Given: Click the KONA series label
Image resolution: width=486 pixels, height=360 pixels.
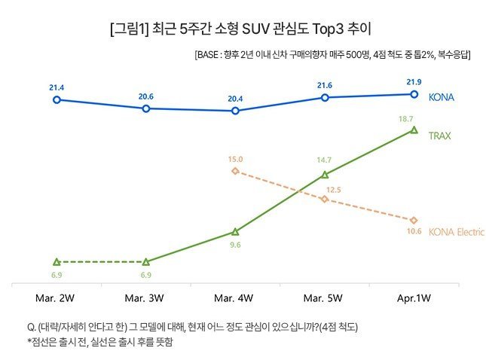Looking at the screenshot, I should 442,97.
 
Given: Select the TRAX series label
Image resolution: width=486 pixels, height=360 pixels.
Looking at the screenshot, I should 439,136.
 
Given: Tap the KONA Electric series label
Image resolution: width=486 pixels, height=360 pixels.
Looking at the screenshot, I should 456,231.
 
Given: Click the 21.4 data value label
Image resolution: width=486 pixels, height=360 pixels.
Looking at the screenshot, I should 57,88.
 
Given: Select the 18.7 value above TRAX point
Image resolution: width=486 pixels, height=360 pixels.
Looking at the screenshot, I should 406,119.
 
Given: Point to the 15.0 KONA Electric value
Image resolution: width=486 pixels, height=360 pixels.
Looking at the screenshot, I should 234,159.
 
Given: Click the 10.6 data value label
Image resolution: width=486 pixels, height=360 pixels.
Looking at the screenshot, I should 414,230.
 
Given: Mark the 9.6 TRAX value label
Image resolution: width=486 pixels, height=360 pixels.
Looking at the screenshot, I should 234,245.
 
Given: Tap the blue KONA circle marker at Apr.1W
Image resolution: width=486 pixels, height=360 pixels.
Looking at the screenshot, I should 414,94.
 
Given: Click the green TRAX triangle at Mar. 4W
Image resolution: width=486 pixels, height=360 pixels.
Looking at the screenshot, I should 235,231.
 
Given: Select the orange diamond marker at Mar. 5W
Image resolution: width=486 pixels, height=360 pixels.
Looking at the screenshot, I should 325,199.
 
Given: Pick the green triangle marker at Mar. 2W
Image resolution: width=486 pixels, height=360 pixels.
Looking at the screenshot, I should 57,261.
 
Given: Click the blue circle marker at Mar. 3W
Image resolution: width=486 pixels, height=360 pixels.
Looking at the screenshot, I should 145,108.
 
